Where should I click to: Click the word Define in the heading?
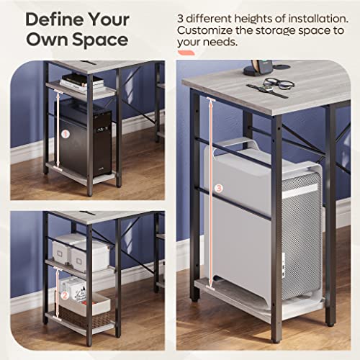51,17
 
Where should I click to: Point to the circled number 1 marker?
65,133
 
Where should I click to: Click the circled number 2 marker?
64,294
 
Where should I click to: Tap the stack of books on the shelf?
81,81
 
